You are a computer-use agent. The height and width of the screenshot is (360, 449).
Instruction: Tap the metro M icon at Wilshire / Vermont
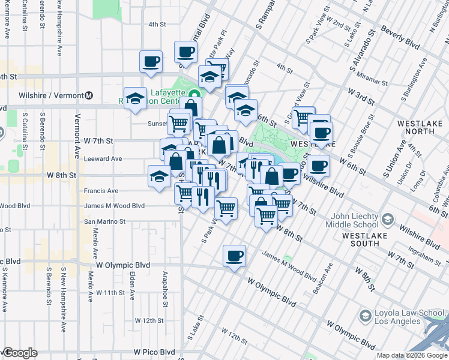[x=89, y=95]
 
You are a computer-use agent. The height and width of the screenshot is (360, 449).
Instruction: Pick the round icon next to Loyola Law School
[x=364, y=316]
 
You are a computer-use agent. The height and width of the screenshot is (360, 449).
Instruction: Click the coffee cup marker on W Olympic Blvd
[x=234, y=256]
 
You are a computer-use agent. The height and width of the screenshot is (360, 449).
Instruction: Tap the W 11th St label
[x=110, y=293]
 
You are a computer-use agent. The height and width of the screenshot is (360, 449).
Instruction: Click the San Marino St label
[x=104, y=221]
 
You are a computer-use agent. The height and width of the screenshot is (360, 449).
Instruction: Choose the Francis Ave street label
[x=101, y=191]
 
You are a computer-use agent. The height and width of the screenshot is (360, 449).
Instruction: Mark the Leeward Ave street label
[x=103, y=159]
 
